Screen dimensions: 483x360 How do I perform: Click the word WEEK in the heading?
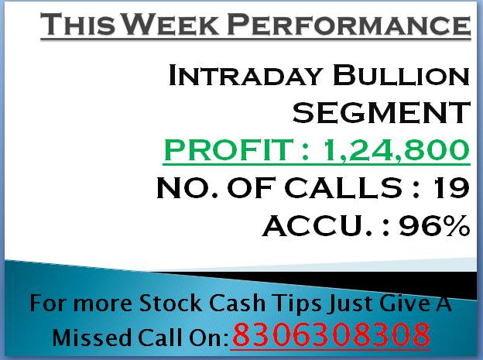click(171, 24)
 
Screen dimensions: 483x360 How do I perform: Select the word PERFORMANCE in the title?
click(349, 24)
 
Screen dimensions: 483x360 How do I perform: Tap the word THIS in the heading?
click(78, 24)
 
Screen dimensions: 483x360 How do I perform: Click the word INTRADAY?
click(245, 75)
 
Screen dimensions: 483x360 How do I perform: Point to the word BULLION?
click(402, 75)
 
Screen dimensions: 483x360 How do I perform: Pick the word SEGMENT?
click(382, 112)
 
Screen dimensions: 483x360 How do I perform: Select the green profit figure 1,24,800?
click(396, 150)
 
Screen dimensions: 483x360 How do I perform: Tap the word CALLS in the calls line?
click(343, 187)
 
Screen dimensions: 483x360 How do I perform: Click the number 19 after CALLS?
click(451, 187)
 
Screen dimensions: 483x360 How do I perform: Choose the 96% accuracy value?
click(435, 225)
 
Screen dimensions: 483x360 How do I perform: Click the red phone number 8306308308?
click(331, 334)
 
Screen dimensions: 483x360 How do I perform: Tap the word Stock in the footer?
click(170, 303)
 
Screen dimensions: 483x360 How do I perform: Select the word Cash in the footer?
click(237, 303)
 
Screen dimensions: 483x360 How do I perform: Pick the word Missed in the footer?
click(92, 338)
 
